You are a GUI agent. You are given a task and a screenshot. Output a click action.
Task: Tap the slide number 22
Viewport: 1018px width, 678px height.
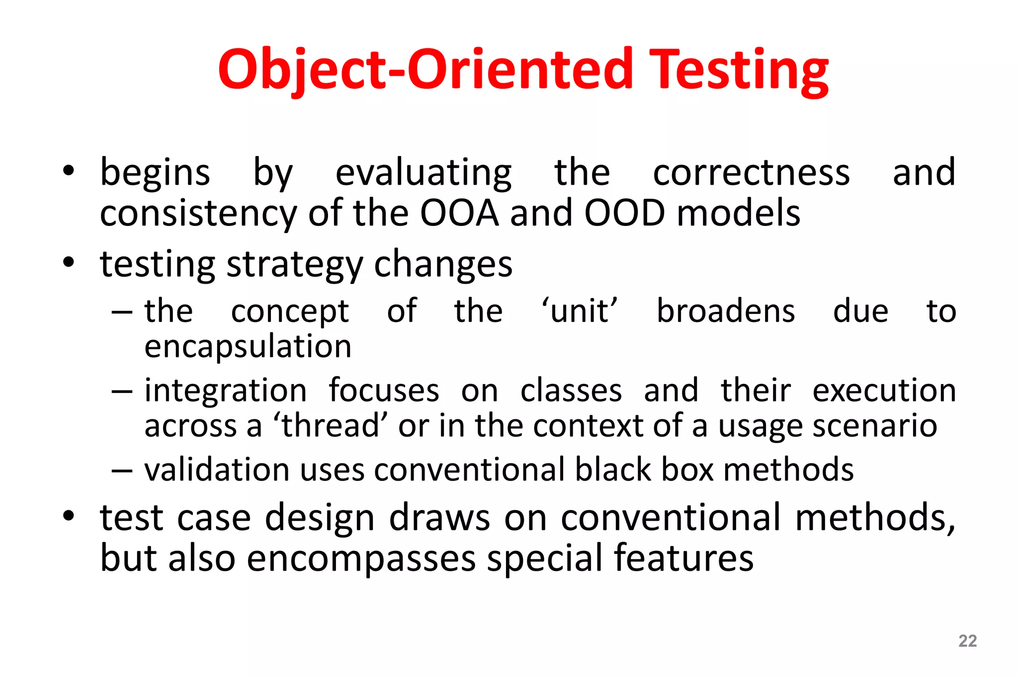(x=967, y=641)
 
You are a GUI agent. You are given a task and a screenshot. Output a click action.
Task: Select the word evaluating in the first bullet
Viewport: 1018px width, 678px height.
(x=424, y=173)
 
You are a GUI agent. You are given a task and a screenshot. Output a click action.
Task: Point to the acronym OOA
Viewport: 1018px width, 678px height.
(x=459, y=214)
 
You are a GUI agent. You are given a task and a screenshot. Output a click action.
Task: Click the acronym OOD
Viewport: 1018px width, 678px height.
(x=624, y=214)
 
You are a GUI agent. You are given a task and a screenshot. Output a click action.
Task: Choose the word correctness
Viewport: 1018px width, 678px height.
(x=751, y=173)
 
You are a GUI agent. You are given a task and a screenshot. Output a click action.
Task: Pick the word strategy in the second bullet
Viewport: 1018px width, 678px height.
(x=295, y=265)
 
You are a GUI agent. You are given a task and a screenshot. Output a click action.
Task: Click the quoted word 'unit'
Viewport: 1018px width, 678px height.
(x=580, y=311)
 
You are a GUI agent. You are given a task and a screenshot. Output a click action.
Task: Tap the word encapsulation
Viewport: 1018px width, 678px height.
(x=248, y=347)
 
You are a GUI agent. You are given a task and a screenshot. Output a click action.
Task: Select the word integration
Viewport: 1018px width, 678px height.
(x=226, y=391)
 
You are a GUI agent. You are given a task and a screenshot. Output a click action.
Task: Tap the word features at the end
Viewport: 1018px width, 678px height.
(x=683, y=559)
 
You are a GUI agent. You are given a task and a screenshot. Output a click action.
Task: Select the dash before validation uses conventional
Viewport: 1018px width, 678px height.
(x=122, y=470)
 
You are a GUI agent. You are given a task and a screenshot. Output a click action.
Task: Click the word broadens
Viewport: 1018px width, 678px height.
(x=726, y=311)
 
